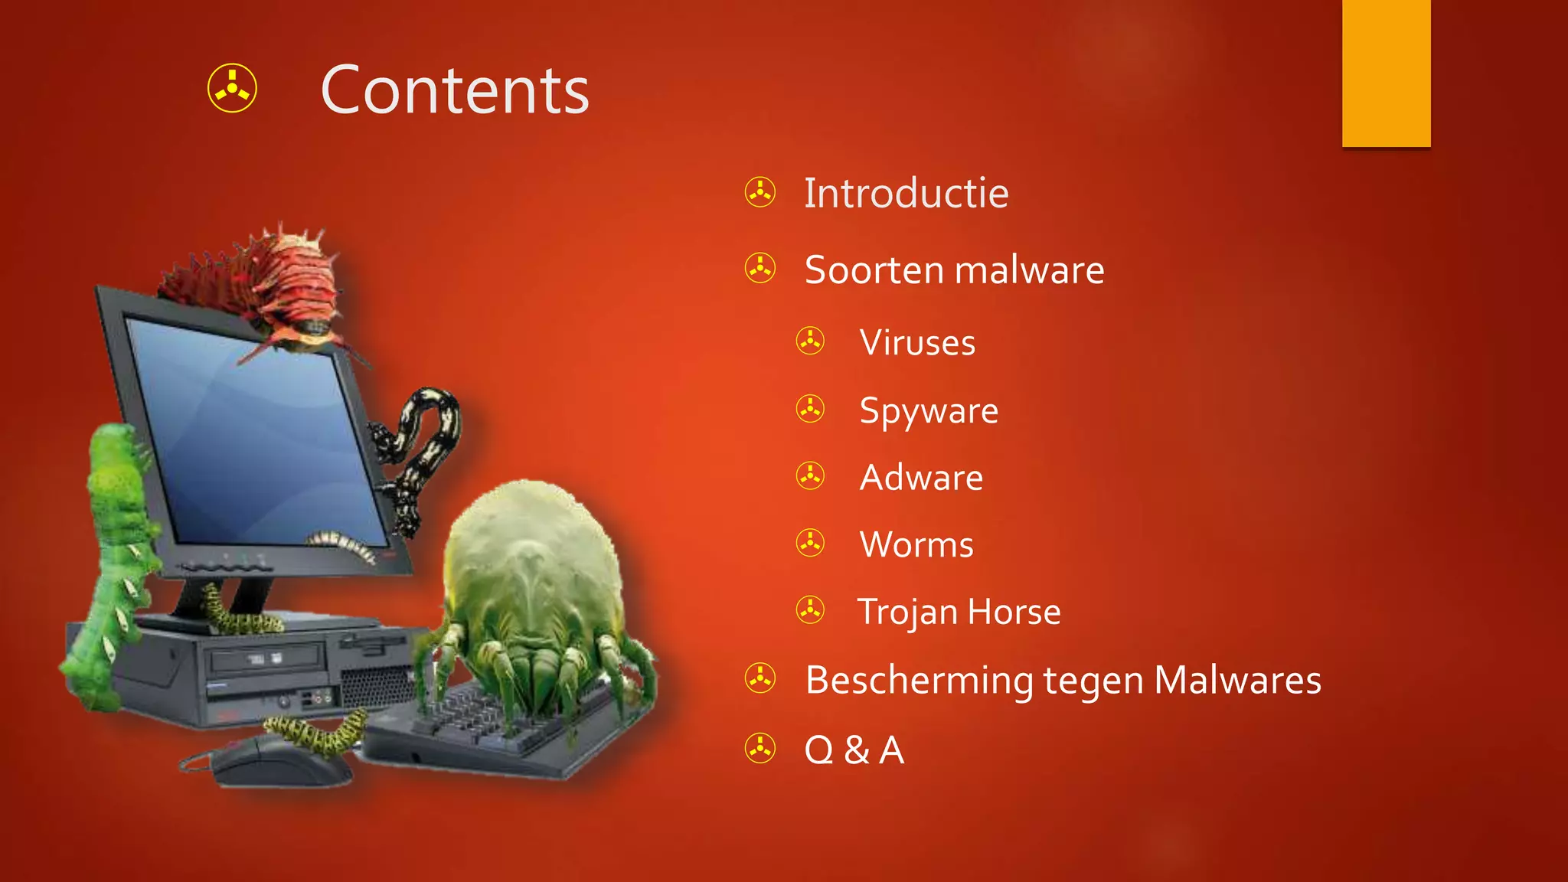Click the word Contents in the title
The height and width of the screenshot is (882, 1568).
[x=455, y=90]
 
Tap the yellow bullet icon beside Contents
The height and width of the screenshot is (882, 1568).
[x=232, y=88]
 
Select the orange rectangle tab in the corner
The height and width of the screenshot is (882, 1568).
[x=1386, y=73]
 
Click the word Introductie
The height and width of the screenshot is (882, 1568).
[x=906, y=193]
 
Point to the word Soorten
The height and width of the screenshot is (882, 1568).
[x=874, y=270]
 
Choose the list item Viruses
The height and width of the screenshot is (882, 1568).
[x=917, y=342]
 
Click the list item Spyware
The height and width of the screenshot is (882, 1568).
[x=929, y=411]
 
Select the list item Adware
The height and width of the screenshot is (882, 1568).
[x=921, y=478]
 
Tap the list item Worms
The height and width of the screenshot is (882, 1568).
[x=916, y=544]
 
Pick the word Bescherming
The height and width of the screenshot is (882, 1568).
[x=919, y=680]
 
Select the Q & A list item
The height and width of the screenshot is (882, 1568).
[x=854, y=750]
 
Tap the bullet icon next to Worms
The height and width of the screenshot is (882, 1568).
[x=810, y=543]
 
